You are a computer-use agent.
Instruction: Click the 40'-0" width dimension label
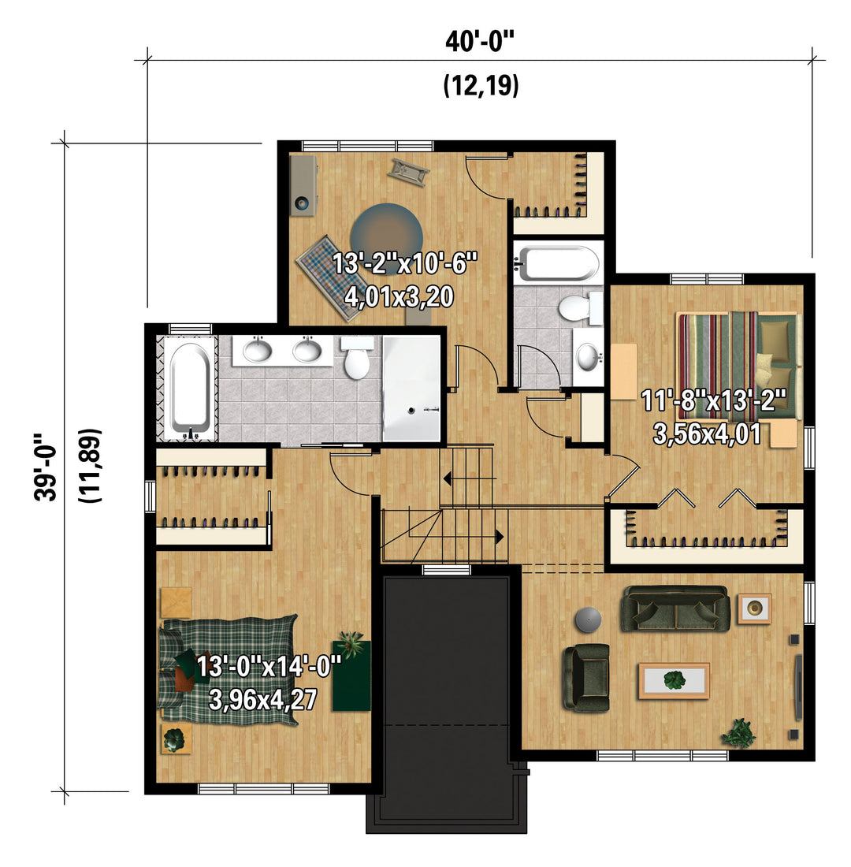(x=480, y=42)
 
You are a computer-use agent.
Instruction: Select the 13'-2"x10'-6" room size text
(x=405, y=263)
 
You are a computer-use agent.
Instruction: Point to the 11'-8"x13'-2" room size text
(x=714, y=400)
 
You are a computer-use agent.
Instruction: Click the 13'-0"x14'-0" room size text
(x=269, y=666)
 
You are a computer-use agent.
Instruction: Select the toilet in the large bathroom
(x=357, y=359)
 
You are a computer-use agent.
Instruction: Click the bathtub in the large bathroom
(x=190, y=389)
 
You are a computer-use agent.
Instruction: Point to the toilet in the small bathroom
(x=579, y=308)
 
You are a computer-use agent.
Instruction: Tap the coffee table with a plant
(x=674, y=681)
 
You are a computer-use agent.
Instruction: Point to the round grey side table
(x=588, y=620)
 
